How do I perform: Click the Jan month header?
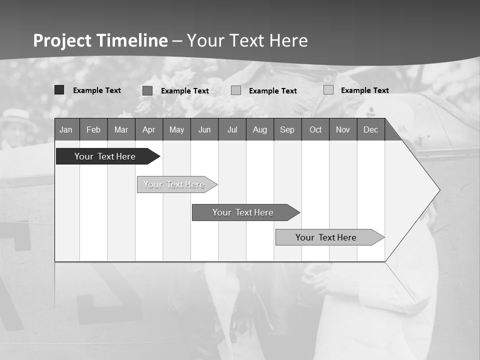pos(66,129)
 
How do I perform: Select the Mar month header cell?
pos(121,129)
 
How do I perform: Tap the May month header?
pos(176,129)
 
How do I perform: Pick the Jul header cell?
pos(232,129)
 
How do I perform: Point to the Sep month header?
pos(287,129)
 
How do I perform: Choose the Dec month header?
pos(370,129)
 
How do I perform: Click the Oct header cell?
pos(315,129)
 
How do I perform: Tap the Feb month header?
pos(93,129)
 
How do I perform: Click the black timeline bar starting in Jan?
pos(105,156)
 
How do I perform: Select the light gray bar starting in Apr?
pos(174,184)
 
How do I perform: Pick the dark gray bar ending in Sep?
pos(243,212)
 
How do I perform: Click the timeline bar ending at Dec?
pos(326,237)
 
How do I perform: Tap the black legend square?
pos(59,90)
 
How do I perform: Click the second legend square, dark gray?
pos(147,90)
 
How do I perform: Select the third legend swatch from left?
pos(236,90)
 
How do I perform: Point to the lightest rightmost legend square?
pos(328,90)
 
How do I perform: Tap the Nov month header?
pos(343,129)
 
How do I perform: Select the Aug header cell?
pos(259,129)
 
